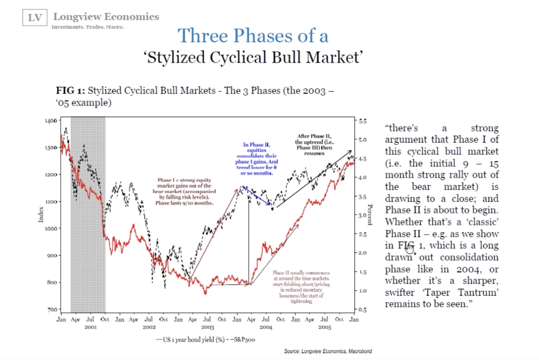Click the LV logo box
(35, 18)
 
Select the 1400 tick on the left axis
(51, 121)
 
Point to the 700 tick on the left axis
(52, 310)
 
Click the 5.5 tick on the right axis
(363, 121)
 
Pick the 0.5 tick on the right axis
(363, 310)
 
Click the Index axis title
(41, 215)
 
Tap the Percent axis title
(370, 215)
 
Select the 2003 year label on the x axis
(208, 327)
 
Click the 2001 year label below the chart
(90, 327)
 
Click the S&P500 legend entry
(241, 340)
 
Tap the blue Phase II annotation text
(257, 159)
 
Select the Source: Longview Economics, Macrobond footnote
(328, 351)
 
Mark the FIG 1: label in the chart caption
(70, 91)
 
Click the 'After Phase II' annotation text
(314, 145)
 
